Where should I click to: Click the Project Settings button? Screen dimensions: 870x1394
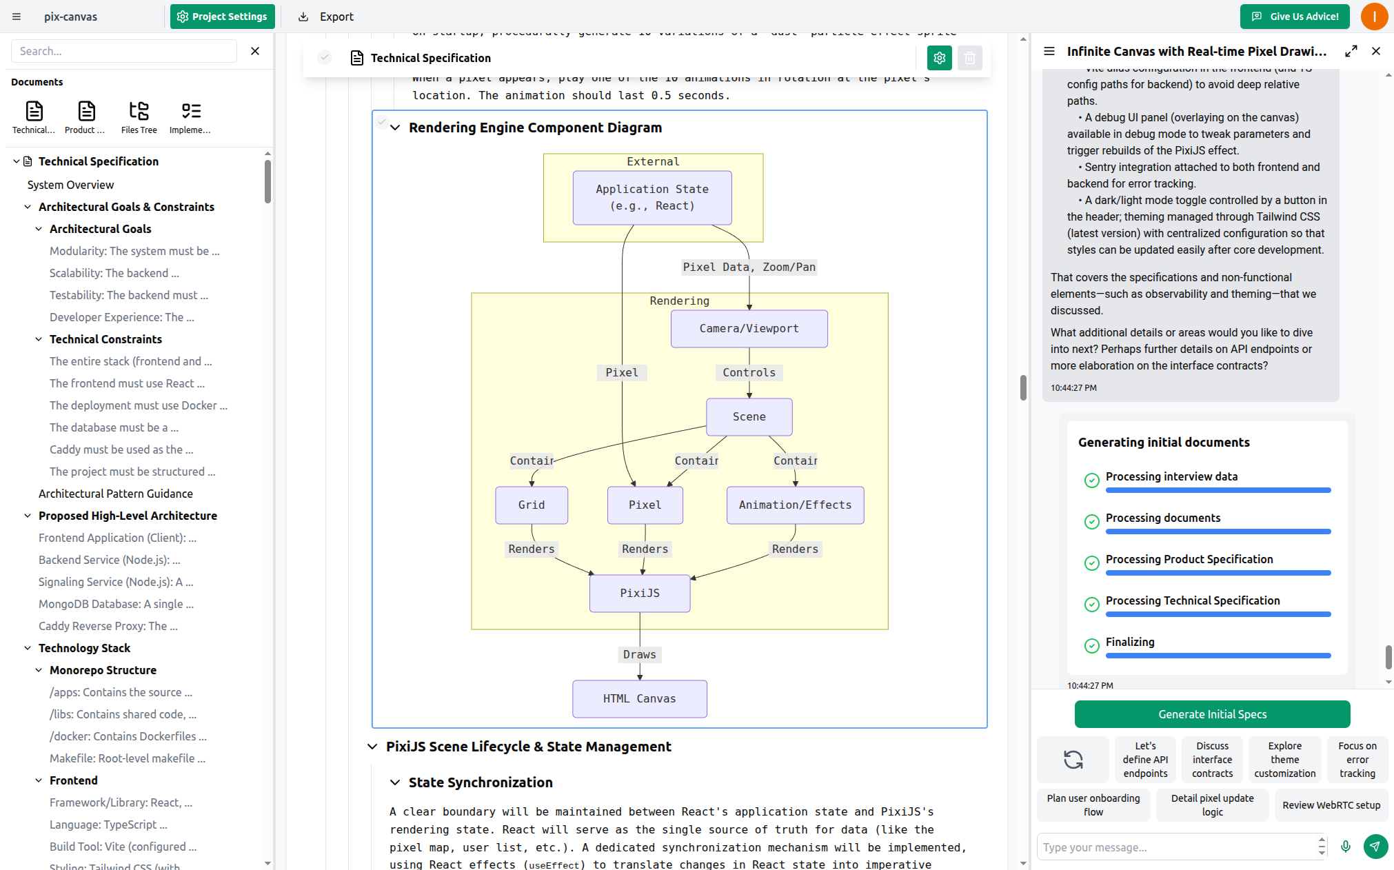pos(222,17)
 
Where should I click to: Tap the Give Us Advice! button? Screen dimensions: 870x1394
pos(1295,17)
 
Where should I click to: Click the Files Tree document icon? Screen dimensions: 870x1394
pos(139,117)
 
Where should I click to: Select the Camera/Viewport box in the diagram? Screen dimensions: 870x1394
pos(749,329)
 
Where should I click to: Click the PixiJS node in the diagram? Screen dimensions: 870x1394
pos(639,594)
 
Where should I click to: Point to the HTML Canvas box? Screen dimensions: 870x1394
pos(639,699)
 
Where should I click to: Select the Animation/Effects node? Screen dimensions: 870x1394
pos(795,505)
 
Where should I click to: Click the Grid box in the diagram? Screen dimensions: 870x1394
pos(531,505)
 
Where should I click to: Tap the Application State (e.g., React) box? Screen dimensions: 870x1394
pos(651,198)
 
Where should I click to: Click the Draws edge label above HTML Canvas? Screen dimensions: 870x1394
pos(639,655)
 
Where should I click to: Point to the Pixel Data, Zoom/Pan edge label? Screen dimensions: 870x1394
pos(749,267)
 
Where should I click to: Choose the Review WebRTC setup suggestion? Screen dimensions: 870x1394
pos(1331,805)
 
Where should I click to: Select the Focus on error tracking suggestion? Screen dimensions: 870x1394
pos(1357,760)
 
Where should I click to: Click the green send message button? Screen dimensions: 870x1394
pos(1375,847)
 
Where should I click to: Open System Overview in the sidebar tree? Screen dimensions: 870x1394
pos(70,185)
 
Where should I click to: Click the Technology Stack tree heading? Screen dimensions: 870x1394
pos(84,648)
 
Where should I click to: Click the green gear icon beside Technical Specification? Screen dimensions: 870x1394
pos(939,59)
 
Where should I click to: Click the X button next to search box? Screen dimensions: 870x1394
pos(255,51)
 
